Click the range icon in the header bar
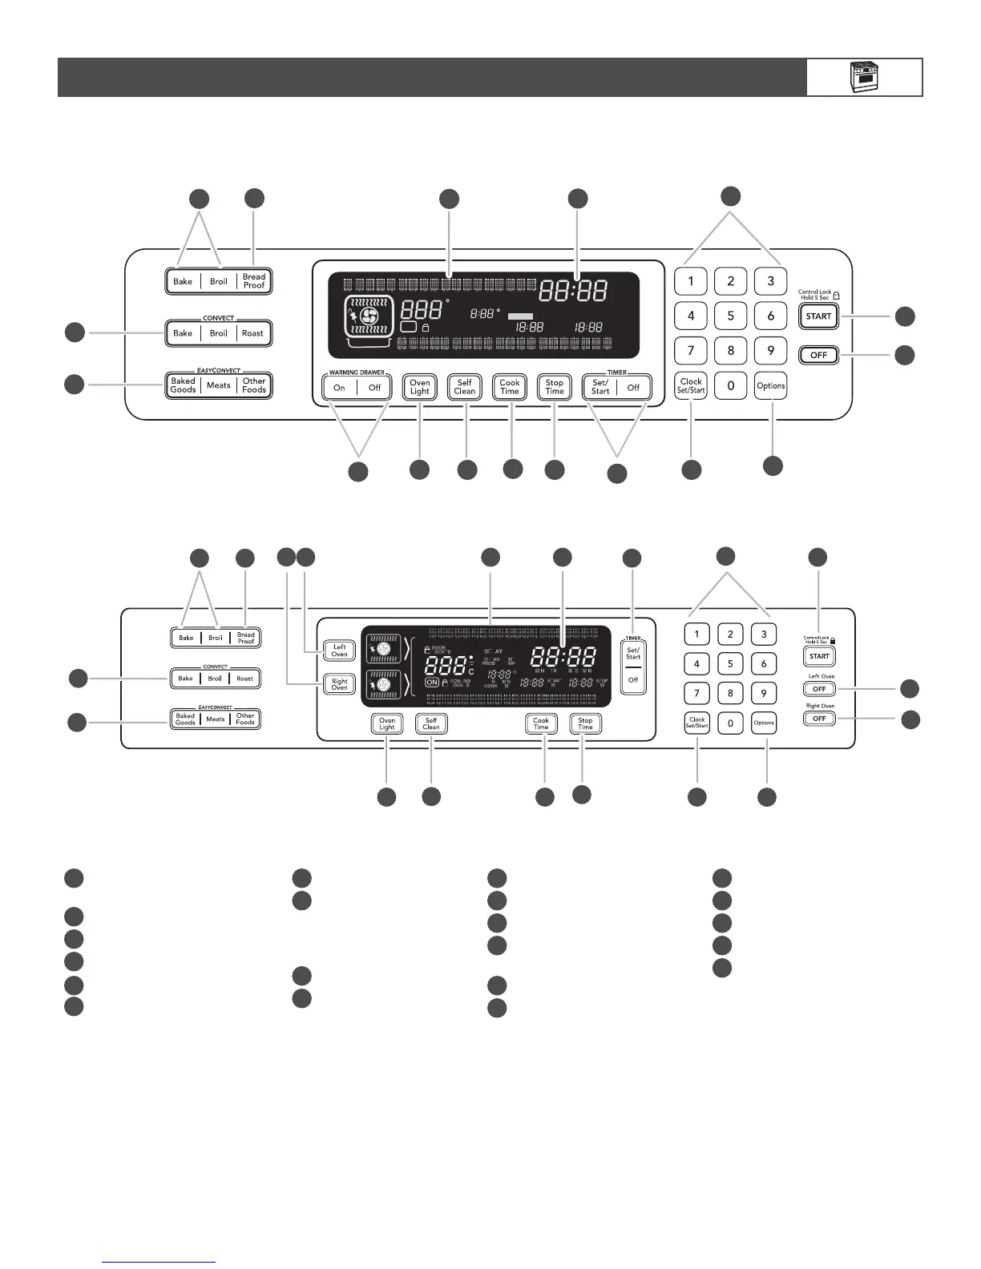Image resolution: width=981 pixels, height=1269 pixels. click(x=864, y=77)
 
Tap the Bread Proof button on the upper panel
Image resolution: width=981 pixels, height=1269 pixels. click(x=254, y=281)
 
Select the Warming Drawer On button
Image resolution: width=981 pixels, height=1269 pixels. click(x=340, y=388)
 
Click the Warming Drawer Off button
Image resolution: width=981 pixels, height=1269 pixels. click(x=374, y=388)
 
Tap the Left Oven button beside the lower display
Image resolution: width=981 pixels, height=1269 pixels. click(x=340, y=651)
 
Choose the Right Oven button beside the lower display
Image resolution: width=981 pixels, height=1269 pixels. click(x=340, y=685)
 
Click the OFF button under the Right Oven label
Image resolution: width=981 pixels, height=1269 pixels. click(x=818, y=719)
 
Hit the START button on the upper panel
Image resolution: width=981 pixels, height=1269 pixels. click(x=818, y=316)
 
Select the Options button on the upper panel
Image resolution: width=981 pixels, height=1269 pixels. click(x=770, y=386)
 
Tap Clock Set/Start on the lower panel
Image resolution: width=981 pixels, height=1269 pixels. click(x=696, y=723)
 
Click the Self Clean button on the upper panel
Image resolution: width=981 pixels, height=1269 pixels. click(x=465, y=388)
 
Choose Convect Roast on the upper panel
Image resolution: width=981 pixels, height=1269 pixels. click(x=252, y=333)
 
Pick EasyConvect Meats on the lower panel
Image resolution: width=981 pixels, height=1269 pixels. click(x=216, y=719)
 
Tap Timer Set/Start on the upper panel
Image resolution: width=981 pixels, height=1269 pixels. click(x=600, y=388)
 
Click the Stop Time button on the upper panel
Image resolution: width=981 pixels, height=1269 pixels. click(x=555, y=388)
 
